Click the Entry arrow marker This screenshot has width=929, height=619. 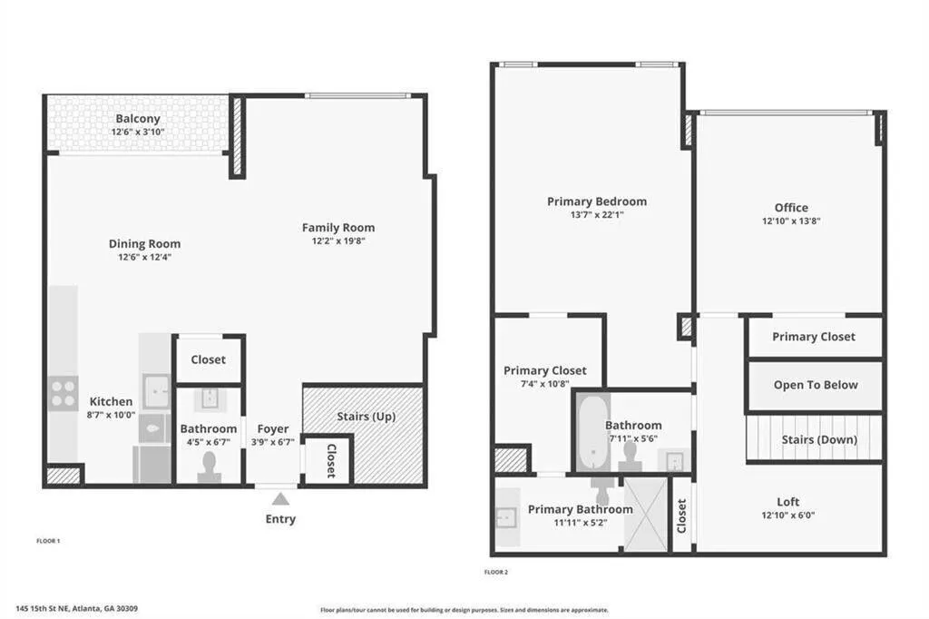pyautogui.click(x=280, y=498)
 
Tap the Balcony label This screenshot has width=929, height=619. pyautogui.click(x=138, y=119)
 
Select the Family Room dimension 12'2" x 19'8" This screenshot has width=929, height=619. pyautogui.click(x=337, y=241)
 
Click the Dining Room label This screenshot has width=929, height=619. pyautogui.click(x=144, y=243)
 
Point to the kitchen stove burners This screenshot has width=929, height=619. pyautogui.click(x=64, y=393)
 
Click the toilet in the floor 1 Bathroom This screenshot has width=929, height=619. pyautogui.click(x=210, y=466)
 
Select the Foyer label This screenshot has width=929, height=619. pyautogui.click(x=273, y=429)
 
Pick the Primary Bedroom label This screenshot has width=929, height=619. pyautogui.click(x=597, y=201)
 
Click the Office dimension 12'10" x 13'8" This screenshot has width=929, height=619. pyautogui.click(x=791, y=221)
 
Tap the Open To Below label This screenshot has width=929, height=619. pyautogui.click(x=815, y=385)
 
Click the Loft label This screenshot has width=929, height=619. pyautogui.click(x=788, y=502)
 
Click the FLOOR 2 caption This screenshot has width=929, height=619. pyautogui.click(x=496, y=573)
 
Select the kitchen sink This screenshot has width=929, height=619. pyautogui.click(x=155, y=391)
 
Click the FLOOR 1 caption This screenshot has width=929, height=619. pyautogui.click(x=48, y=541)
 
